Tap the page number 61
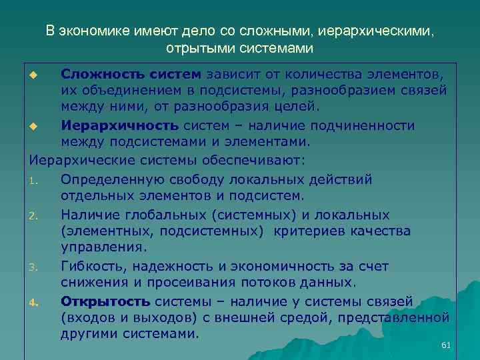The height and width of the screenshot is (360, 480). point(446,345)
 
